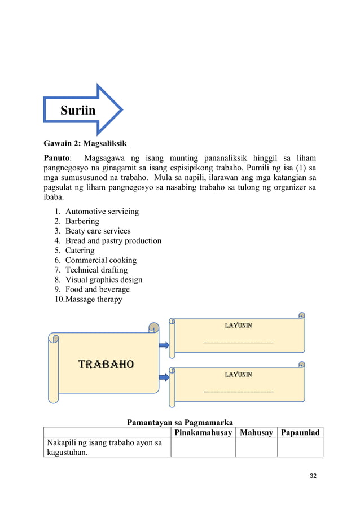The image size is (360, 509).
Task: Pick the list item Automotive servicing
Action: [x=102, y=212]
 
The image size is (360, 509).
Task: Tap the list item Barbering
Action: [x=82, y=221]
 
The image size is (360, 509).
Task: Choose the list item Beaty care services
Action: [x=98, y=231]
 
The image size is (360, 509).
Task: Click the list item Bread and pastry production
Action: [x=113, y=241]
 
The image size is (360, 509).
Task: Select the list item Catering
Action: [x=80, y=251]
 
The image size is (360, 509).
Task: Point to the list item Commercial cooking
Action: [x=100, y=260]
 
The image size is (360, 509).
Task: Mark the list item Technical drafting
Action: [x=96, y=270]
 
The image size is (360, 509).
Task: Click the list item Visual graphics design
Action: [x=103, y=279]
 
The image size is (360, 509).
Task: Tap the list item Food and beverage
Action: [x=97, y=289]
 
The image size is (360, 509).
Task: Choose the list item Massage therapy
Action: [x=94, y=299]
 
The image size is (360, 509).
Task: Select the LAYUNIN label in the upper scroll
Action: [x=238, y=326]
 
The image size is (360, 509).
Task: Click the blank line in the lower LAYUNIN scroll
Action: [x=238, y=390]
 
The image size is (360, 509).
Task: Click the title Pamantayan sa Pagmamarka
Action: [x=180, y=422]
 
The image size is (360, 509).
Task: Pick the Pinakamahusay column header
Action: [x=202, y=433]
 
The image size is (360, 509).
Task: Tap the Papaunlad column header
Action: [x=300, y=433]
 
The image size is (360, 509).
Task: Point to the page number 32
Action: [x=313, y=476]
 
